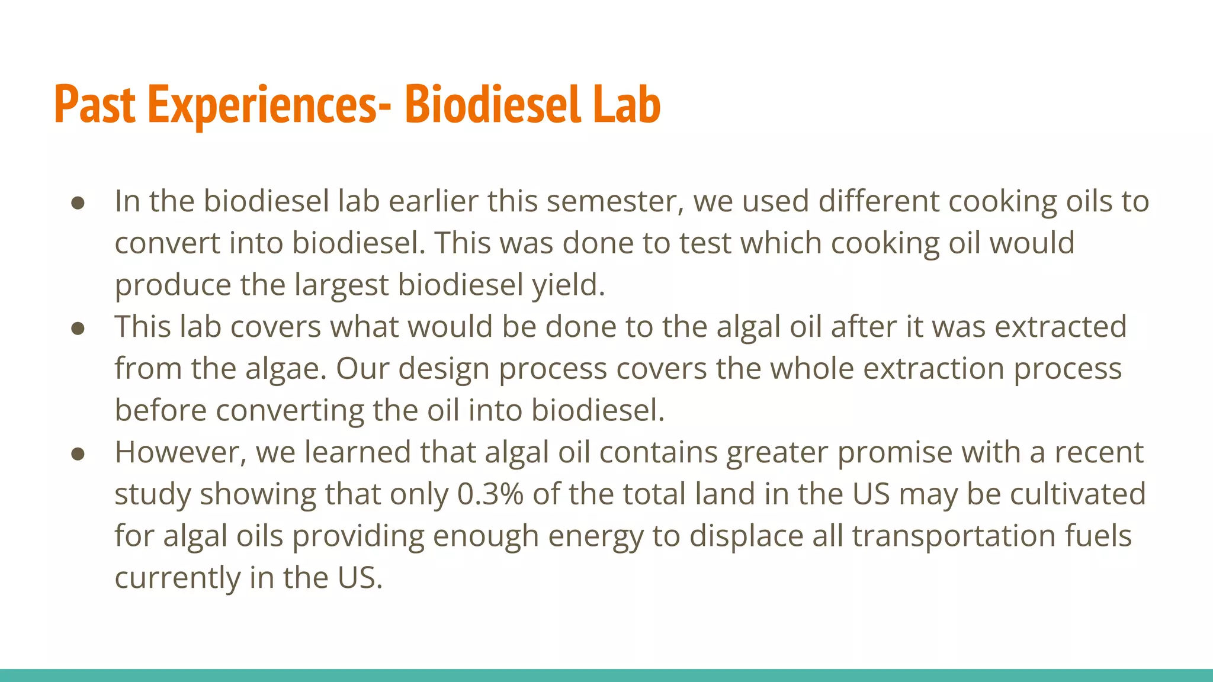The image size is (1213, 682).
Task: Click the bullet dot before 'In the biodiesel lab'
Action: tap(78, 203)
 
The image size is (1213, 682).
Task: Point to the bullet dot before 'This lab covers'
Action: tap(78, 329)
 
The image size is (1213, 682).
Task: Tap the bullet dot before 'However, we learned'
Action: tap(78, 454)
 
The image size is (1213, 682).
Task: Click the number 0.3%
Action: tap(490, 494)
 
